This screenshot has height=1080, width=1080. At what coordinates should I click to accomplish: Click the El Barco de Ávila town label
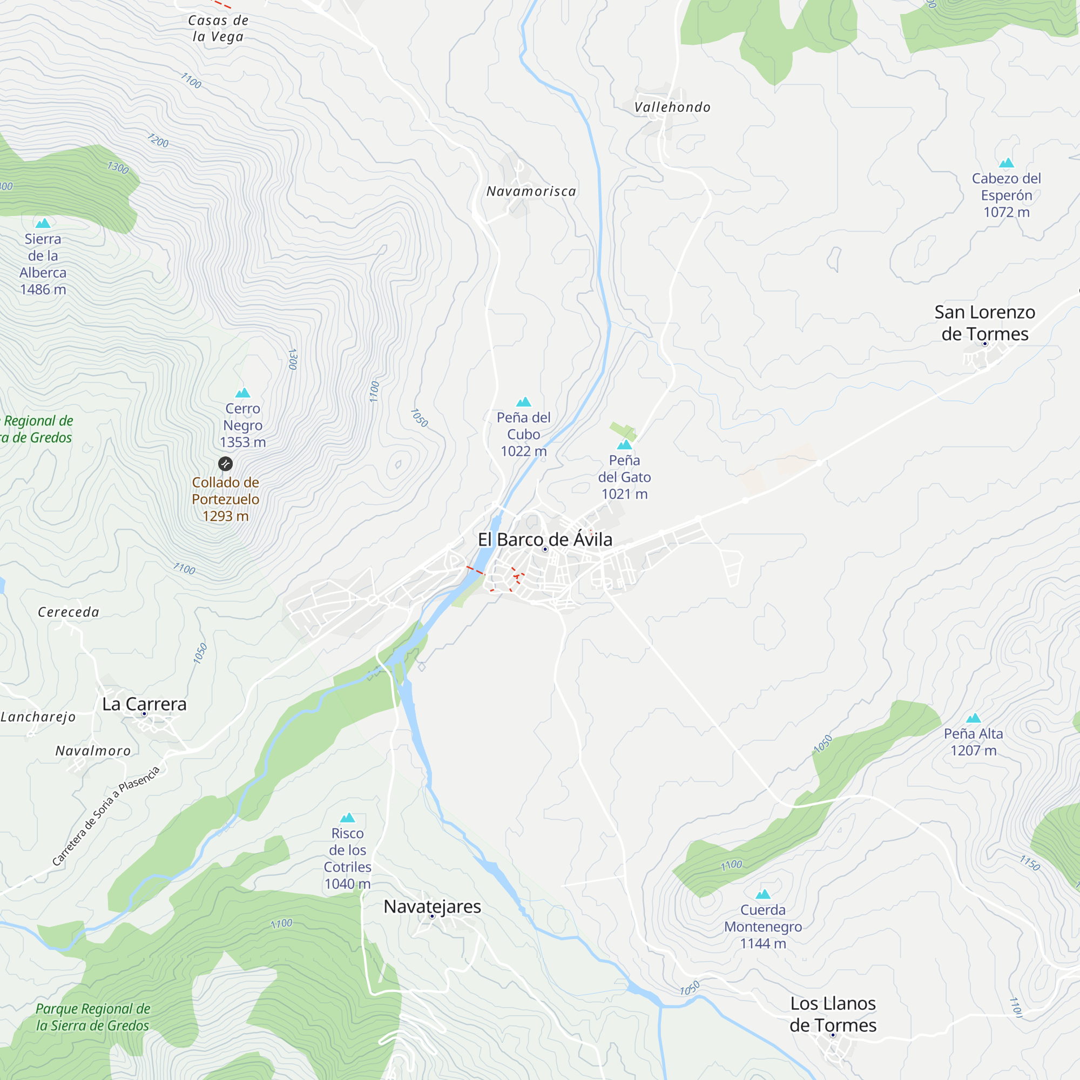tap(545, 539)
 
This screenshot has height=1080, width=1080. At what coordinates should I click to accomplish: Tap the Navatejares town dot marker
tap(432, 916)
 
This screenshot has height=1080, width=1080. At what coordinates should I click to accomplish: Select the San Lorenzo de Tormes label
tap(984, 322)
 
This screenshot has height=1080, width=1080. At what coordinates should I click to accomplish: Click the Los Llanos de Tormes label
tap(832, 1014)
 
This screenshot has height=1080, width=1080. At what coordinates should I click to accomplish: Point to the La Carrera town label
tap(144, 704)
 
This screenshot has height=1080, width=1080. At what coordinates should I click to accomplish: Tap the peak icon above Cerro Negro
tap(242, 393)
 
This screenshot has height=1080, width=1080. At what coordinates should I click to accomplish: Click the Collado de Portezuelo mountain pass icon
tap(225, 463)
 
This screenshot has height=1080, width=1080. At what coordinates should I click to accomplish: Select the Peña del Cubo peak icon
tap(524, 402)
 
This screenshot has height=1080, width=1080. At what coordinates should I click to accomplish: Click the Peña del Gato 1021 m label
tap(624, 477)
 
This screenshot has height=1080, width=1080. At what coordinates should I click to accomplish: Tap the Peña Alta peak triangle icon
tap(973, 718)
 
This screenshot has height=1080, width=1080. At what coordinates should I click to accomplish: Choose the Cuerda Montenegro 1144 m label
tap(762, 926)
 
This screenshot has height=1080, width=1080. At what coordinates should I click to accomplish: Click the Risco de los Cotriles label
tap(347, 858)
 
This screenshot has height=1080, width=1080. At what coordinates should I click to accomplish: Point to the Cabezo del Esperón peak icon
tap(1006, 163)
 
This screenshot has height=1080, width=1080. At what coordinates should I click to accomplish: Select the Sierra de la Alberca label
tap(43, 264)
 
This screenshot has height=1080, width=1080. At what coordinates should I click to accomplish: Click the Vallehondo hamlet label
tap(672, 107)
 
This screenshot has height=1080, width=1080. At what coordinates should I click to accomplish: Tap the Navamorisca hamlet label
tap(531, 191)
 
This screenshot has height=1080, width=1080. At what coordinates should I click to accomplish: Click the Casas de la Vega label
tap(218, 29)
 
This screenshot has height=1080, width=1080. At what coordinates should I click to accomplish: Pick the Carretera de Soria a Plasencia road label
tap(106, 815)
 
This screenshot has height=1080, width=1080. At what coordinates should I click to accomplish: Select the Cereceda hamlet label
tap(68, 612)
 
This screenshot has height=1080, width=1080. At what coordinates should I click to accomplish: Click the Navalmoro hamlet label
tap(93, 751)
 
